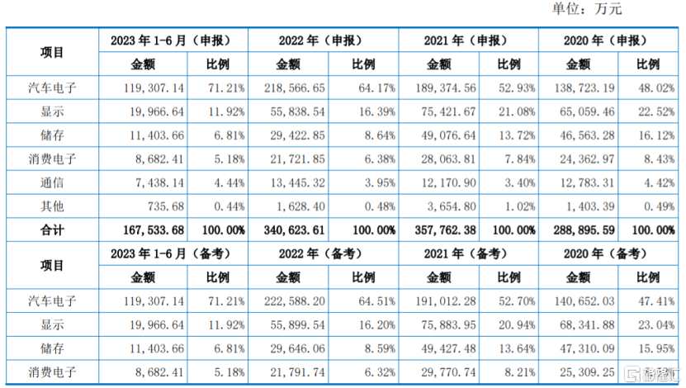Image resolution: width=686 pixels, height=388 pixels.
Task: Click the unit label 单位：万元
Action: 585,10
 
